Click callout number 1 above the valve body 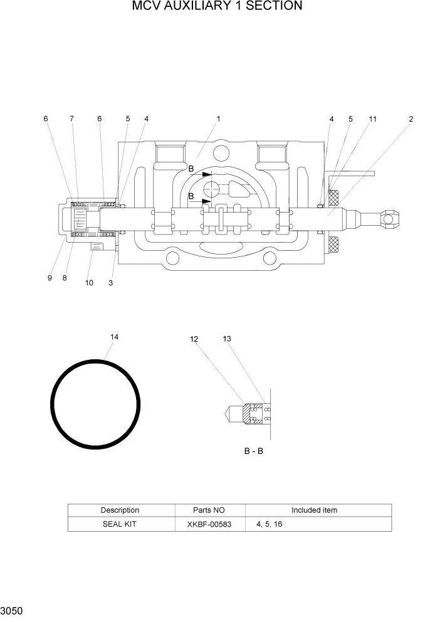218,119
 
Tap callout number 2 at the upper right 411,119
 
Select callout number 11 372,119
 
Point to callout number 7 71,119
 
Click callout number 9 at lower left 50,278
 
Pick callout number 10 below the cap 89,283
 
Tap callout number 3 110,283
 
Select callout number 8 65,278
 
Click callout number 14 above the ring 114,337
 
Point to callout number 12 194,339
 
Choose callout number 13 227,339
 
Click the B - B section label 253,451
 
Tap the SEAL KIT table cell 120,524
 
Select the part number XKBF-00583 209,524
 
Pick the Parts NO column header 209,510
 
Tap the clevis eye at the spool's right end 390,219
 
